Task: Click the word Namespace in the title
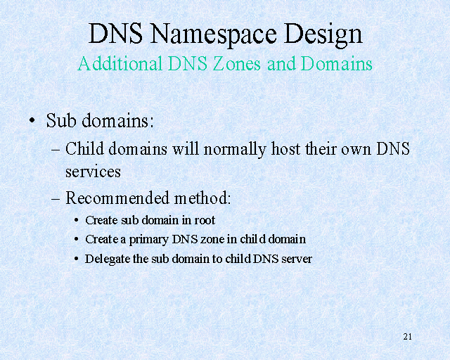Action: [x=213, y=34]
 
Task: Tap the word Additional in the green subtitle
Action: [x=120, y=63]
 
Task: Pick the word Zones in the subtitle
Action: [x=237, y=63]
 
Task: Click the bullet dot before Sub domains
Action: [x=32, y=120]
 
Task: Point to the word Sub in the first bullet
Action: [x=61, y=120]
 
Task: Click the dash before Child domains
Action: [x=56, y=150]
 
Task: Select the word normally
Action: [x=235, y=150]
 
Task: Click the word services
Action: [x=93, y=172]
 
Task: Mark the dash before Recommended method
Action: [x=56, y=198]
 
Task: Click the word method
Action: [x=202, y=198]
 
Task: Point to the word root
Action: [x=205, y=221]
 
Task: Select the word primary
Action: [x=148, y=240]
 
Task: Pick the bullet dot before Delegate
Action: [x=76, y=259]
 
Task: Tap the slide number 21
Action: [x=408, y=337]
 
